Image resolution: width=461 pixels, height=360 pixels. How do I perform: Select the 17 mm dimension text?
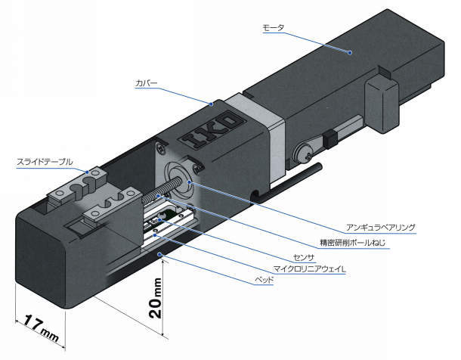pos(38,325)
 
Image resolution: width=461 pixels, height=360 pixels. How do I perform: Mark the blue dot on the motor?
pos(350,51)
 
